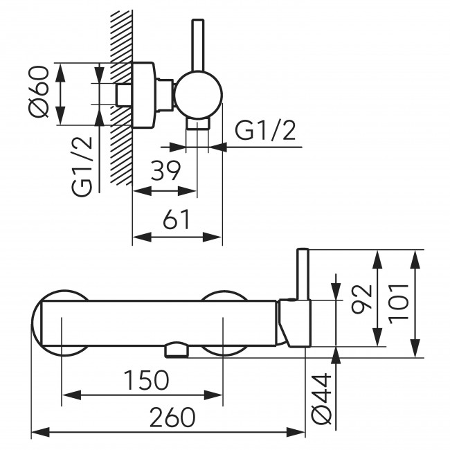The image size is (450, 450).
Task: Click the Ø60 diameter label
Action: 39,93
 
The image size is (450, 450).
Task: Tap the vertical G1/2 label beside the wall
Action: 82,166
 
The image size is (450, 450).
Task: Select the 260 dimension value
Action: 170,417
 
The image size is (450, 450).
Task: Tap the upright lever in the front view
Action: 303,274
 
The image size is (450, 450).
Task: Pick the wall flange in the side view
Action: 143,95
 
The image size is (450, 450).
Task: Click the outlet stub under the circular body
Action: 198,124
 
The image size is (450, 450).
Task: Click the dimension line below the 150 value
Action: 142,395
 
